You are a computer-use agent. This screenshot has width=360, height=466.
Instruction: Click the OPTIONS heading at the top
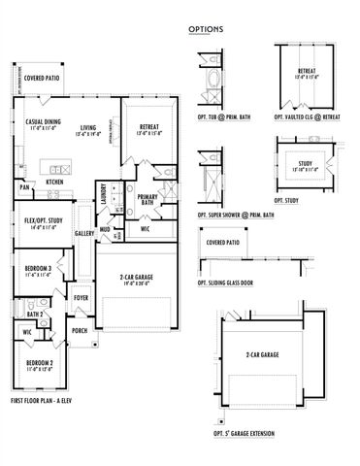coord(206,29)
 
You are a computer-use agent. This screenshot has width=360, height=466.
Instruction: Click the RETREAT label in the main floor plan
coord(148,127)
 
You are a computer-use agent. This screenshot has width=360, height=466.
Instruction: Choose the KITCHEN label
coord(55,182)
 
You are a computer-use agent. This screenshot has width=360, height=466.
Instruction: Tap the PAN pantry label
coord(23,186)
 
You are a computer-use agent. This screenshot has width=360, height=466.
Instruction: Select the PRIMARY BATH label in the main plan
coord(147,201)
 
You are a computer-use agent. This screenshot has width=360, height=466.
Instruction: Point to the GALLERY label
coord(84,233)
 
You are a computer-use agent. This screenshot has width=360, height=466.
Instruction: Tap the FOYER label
coord(82,298)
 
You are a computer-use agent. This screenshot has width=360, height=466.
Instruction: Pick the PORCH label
coord(80,330)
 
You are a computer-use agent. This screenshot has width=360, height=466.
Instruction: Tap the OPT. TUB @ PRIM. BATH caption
coord(222,116)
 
